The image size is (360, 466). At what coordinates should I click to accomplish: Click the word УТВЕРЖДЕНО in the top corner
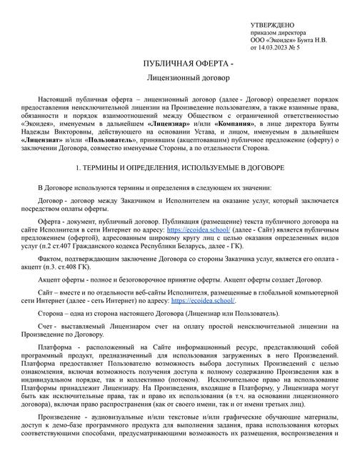274,25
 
